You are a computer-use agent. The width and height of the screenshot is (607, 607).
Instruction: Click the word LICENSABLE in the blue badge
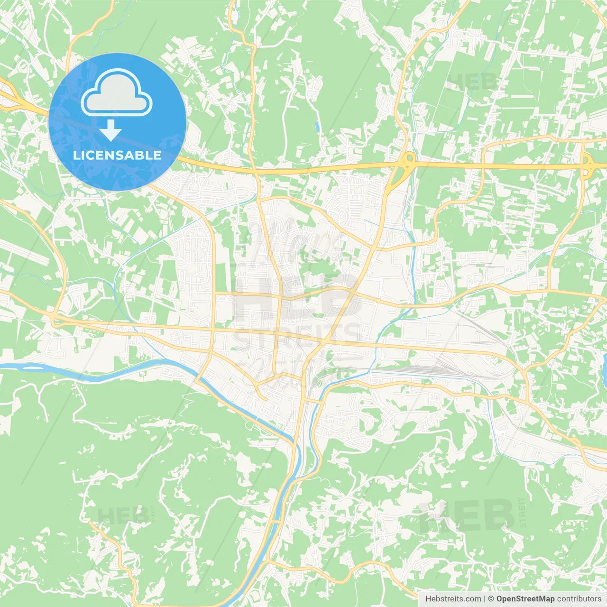[x=117, y=155]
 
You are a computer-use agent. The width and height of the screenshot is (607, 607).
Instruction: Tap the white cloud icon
[x=117, y=93]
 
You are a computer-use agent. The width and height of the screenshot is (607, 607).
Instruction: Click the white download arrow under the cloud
[x=111, y=130]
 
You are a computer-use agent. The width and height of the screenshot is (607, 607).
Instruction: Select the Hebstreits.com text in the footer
[x=453, y=599]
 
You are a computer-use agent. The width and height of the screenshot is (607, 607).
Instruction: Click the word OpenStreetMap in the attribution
[x=525, y=599]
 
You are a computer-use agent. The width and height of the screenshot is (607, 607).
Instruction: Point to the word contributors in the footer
[x=579, y=599]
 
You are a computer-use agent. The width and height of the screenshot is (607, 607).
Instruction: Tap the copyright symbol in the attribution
[x=491, y=599]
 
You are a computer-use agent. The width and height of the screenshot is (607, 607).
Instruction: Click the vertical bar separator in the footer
[x=485, y=599]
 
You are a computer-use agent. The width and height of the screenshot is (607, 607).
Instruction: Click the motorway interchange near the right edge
[x=587, y=164]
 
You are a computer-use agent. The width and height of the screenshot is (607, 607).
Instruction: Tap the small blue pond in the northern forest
[x=316, y=126]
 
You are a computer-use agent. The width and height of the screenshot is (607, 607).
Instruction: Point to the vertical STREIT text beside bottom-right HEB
[x=523, y=512]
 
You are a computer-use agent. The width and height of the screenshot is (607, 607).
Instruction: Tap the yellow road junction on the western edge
[x=55, y=319]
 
